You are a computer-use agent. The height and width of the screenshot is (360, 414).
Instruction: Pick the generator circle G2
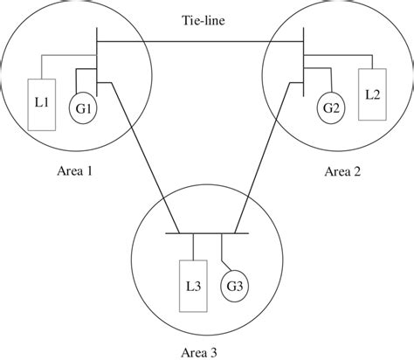click(331, 109)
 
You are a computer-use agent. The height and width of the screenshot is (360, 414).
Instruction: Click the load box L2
click(371, 93)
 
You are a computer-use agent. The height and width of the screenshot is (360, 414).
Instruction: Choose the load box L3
click(192, 286)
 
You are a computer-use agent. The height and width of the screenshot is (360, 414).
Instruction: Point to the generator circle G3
click(234, 286)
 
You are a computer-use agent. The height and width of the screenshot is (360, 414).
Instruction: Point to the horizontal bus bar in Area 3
click(207, 233)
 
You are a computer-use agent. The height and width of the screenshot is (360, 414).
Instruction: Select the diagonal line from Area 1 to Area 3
click(144, 157)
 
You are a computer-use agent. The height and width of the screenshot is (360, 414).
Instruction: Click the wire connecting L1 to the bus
click(61, 59)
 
